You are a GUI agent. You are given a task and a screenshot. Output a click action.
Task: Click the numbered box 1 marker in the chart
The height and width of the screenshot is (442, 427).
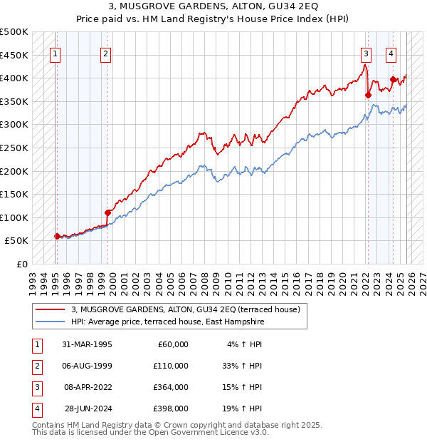point(56,53)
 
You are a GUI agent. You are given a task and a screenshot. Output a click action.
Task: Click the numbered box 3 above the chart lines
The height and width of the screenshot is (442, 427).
point(366,53)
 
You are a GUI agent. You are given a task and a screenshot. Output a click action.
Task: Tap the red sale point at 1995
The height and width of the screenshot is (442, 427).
point(57,236)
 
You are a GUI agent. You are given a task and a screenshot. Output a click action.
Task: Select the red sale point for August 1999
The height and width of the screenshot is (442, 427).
point(107,212)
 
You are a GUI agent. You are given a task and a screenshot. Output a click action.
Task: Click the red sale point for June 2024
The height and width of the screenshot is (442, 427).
point(393,79)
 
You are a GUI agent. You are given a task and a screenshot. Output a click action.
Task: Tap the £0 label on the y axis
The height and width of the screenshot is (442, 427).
point(21,264)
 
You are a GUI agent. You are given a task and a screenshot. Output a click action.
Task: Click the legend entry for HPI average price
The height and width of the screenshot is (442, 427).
point(167,322)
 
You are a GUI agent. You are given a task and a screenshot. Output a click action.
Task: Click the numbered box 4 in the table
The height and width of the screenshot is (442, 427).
point(36,409)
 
